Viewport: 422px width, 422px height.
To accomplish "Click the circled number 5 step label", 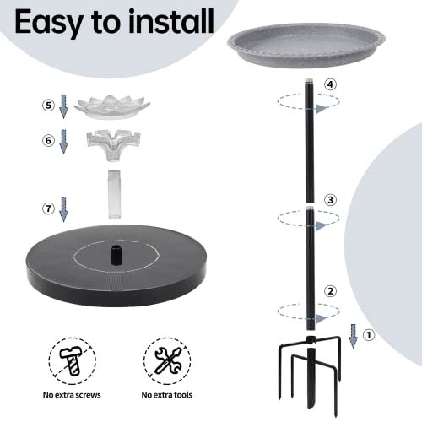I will (49, 105).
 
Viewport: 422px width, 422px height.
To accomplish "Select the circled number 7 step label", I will (49, 206).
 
